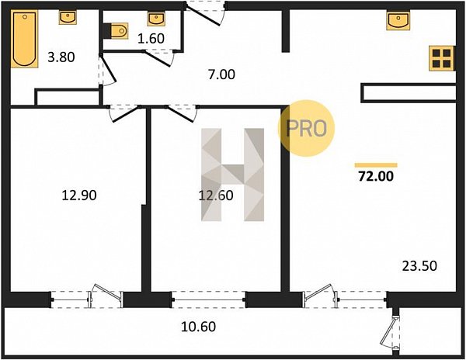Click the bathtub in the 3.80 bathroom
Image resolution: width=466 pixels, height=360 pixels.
tap(25, 39)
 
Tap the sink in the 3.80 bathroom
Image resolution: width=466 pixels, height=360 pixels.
tap(68, 18)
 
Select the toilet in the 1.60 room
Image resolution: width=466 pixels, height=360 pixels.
tap(119, 30)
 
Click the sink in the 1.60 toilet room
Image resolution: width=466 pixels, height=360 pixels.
tap(156, 19)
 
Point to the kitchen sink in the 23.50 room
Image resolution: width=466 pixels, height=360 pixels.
tap(398, 20)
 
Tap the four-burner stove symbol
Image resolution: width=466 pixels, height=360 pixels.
tap(442, 58)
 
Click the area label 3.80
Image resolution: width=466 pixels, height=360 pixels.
tap(61, 57)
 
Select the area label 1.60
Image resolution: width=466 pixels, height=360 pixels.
tap(151, 39)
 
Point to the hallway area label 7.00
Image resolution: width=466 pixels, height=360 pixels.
tap(221, 74)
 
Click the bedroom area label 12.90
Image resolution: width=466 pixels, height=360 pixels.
tap(79, 196)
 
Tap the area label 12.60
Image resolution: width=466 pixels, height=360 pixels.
tap(216, 196)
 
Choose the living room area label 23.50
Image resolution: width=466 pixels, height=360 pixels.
tap(419, 266)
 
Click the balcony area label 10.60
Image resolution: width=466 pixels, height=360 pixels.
tap(199, 327)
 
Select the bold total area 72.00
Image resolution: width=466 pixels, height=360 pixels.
tap(376, 176)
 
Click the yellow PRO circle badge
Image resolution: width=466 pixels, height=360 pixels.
tap(307, 128)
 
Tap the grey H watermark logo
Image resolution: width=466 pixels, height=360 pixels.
tap(233, 175)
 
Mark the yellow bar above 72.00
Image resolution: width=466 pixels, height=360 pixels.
tap(376, 165)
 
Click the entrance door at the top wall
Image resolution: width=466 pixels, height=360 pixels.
tap(206, 13)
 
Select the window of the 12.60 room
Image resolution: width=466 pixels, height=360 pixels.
tap(209, 299)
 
